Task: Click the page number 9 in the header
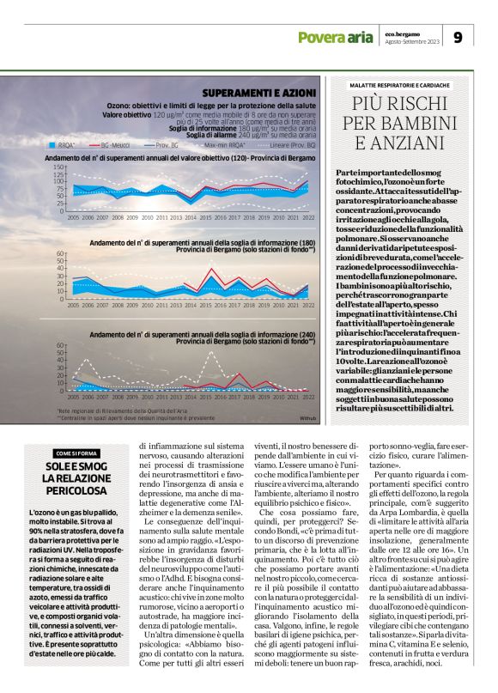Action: (458, 37)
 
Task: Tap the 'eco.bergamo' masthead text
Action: (400, 31)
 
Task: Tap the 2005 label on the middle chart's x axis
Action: (73, 305)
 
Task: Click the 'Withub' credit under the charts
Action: (308, 418)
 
